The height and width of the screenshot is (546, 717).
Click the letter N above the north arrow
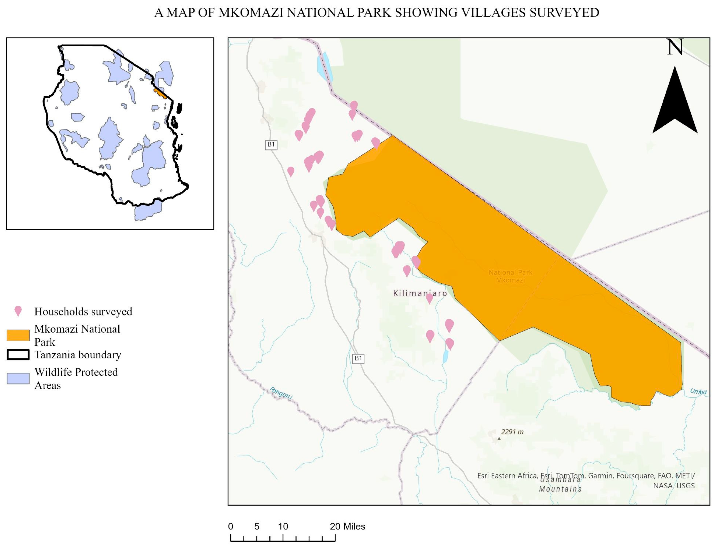[x=675, y=47]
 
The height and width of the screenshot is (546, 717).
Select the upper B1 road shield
[x=271, y=145]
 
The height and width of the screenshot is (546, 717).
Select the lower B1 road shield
[x=358, y=358]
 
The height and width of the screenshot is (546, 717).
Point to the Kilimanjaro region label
[x=420, y=293]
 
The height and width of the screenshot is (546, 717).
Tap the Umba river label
[x=698, y=392]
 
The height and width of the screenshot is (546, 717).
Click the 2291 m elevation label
[x=512, y=432]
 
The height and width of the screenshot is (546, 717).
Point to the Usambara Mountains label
[x=560, y=484]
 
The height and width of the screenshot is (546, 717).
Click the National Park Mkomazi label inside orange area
[x=510, y=276]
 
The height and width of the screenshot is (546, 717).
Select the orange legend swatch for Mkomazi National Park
[x=18, y=335]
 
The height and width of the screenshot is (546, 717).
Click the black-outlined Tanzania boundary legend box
[x=18, y=355]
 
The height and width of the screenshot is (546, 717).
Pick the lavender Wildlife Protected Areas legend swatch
[x=18, y=378]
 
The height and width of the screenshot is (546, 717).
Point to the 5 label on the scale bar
[x=257, y=526]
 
